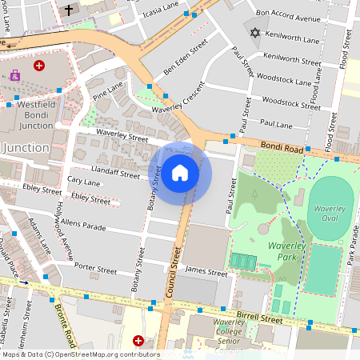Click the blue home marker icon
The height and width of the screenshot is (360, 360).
click(180, 172)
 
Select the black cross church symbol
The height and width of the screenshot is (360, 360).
click(68, 11)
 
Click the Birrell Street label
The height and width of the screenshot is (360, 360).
click(259, 318)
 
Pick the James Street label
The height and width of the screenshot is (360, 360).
click(206, 272)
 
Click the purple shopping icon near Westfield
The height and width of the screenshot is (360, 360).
click(14, 76)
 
